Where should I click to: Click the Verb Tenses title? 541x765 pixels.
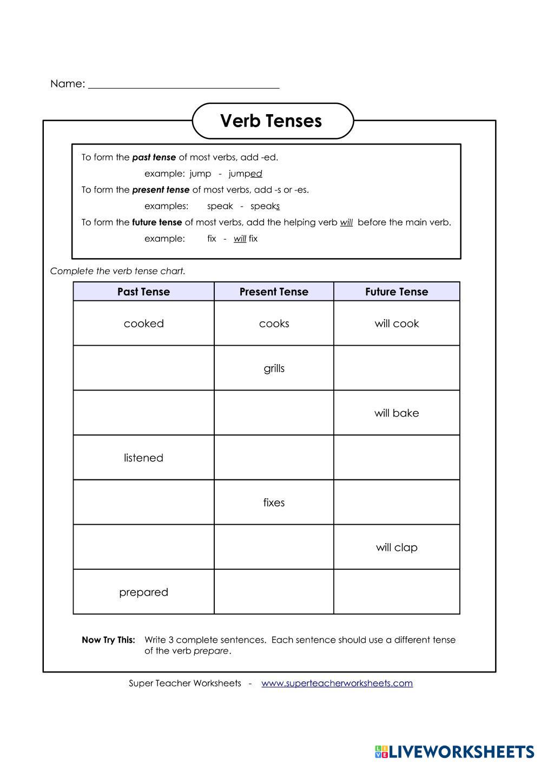(271, 121)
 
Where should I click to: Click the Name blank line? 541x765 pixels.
(183, 85)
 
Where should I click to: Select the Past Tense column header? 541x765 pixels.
(143, 292)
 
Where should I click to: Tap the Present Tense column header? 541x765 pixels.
(274, 292)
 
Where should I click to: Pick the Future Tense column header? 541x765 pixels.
(397, 292)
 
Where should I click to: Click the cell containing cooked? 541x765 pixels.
(143, 324)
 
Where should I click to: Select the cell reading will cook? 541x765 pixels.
(397, 324)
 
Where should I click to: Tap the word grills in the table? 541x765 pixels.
(274, 368)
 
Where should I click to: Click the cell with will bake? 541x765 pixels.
(397, 413)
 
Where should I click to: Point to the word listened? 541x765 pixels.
(143, 458)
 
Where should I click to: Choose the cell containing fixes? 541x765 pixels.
(274, 503)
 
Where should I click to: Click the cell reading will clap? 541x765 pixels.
(397, 548)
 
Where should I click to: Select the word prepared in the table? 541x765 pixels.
(143, 592)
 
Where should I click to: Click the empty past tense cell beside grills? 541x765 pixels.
(143, 368)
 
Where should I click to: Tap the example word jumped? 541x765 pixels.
(245, 174)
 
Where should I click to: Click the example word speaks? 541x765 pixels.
(265, 206)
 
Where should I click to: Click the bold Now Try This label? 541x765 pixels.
(108, 640)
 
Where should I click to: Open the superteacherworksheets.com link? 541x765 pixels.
(337, 683)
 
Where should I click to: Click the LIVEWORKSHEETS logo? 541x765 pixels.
(454, 751)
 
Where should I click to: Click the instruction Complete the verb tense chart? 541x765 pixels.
(117, 271)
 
